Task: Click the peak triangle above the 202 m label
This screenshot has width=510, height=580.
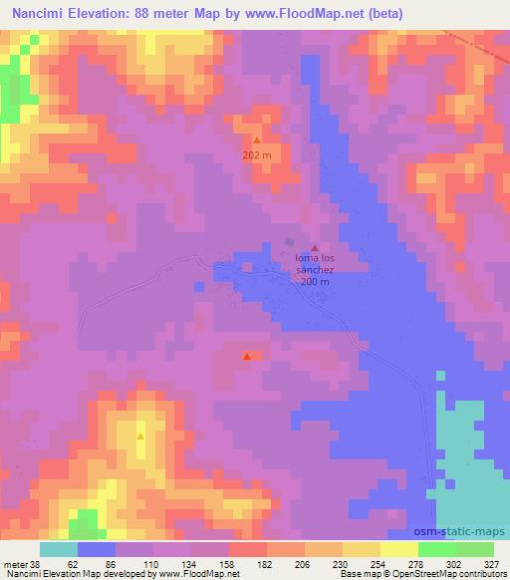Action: (256, 141)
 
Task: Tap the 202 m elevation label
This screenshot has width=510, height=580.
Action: (256, 155)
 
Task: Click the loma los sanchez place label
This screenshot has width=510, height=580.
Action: (320, 264)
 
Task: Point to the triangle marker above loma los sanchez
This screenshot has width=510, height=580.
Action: (315, 248)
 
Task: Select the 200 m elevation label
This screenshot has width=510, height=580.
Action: (315, 282)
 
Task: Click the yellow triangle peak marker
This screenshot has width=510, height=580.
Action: (140, 436)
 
